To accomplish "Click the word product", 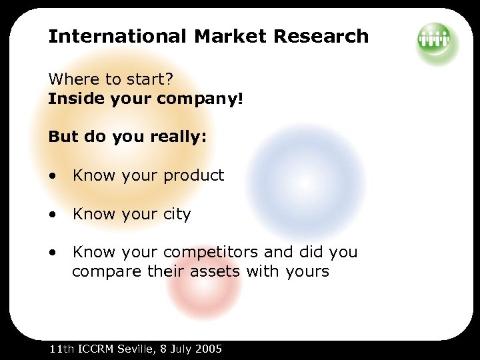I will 193,176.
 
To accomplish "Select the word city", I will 176,215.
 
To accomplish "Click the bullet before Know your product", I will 52,177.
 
